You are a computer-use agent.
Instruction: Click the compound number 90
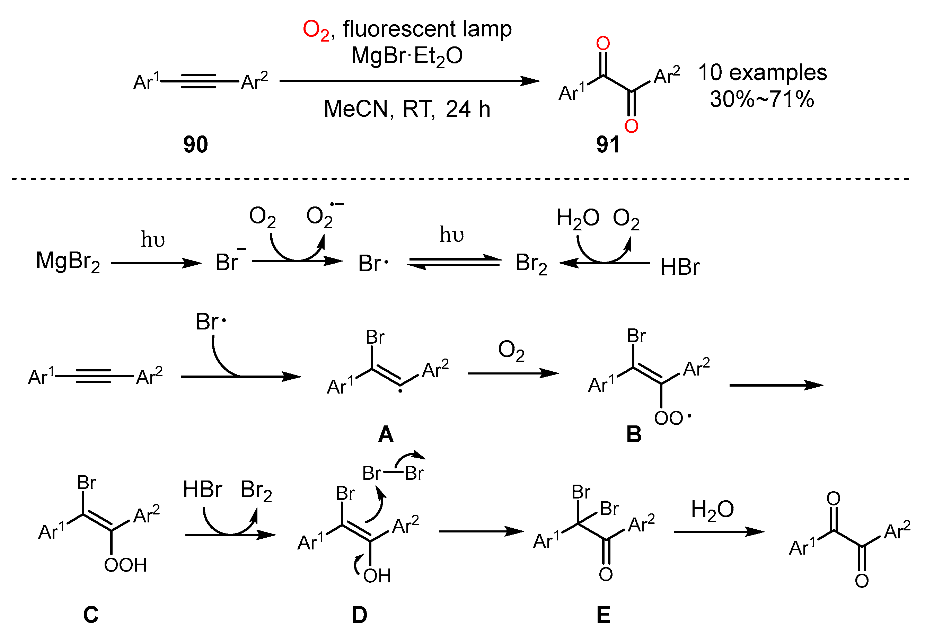[195, 144]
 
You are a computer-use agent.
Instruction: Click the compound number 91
[608, 144]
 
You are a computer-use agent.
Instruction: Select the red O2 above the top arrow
[316, 30]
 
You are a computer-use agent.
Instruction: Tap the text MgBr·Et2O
[407, 56]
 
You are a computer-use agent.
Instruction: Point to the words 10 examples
[763, 72]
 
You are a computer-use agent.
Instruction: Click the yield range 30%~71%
[762, 99]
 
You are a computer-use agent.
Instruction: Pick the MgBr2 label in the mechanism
[68, 262]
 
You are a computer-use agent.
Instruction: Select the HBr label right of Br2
[680, 267]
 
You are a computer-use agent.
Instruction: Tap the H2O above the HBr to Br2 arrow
[578, 219]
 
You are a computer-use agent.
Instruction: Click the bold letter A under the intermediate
[386, 434]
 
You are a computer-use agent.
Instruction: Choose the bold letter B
[634, 434]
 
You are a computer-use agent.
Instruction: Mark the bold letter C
[91, 614]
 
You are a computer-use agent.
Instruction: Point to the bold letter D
[359, 615]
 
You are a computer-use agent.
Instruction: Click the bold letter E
[604, 615]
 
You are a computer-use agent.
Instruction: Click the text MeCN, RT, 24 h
[407, 109]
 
